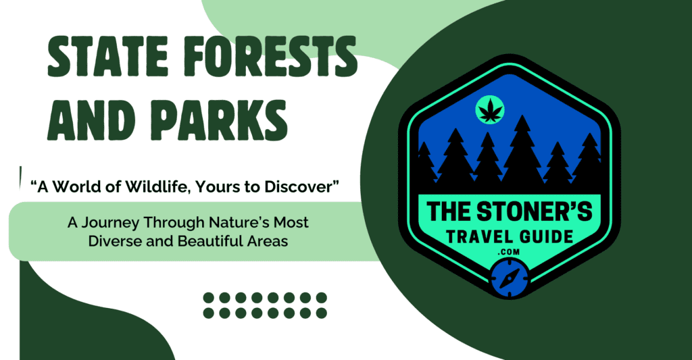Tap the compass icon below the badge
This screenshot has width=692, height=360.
[508, 280]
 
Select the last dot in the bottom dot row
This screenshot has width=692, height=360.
[322, 313]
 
